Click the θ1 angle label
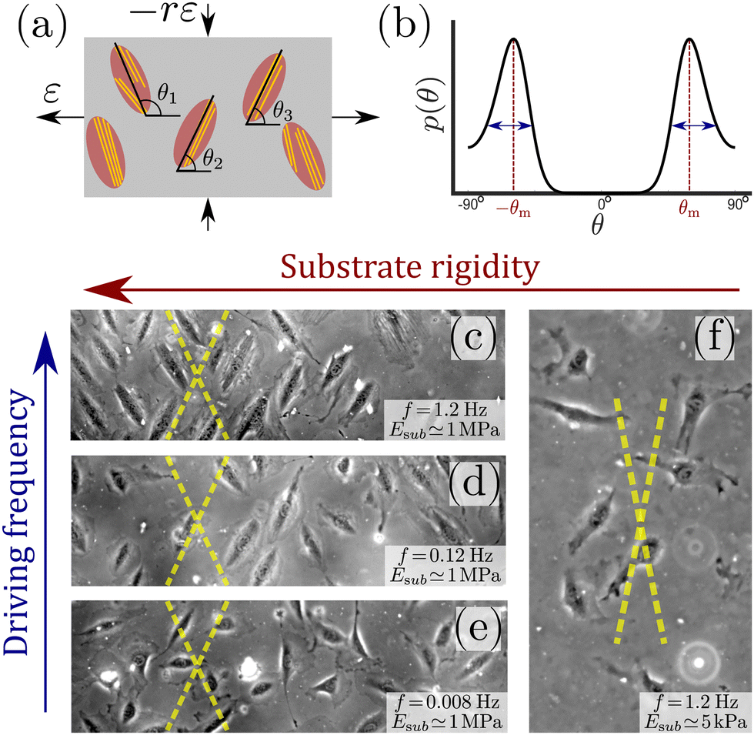coord(168,98)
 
